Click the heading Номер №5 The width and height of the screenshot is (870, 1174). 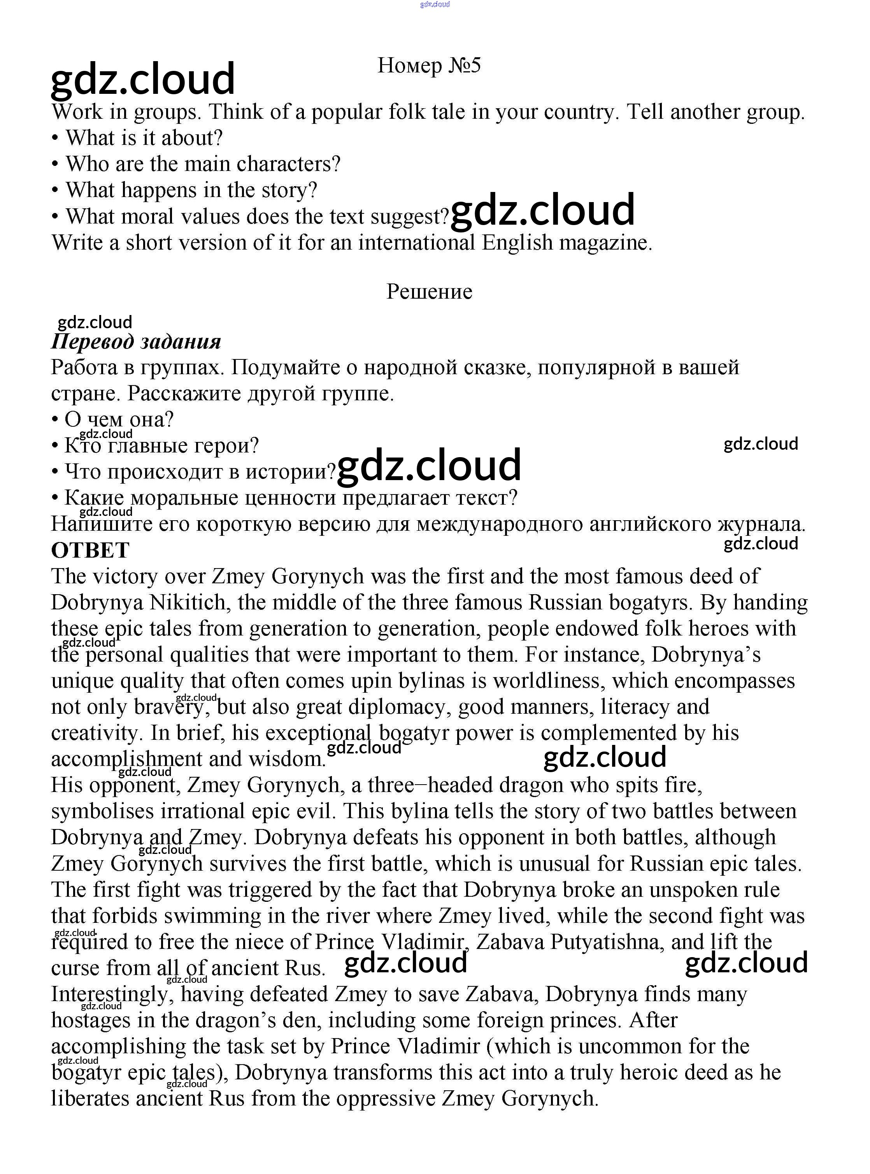click(x=429, y=66)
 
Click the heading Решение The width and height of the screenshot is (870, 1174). click(x=429, y=291)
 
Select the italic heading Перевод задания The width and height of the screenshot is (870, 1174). click(x=136, y=341)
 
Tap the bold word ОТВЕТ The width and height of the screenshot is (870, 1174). click(x=90, y=550)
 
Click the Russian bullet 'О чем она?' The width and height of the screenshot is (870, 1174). click(x=119, y=420)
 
